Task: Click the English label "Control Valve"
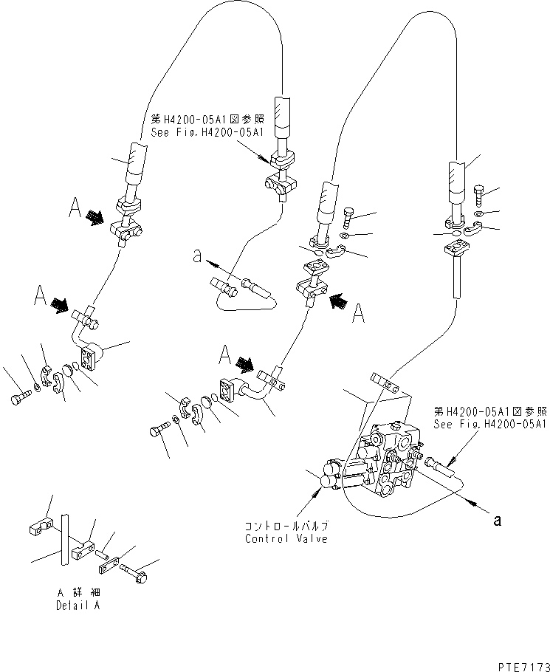click(286, 538)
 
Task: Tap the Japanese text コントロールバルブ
click(286, 527)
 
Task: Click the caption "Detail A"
click(78, 606)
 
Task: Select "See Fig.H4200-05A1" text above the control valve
click(489, 424)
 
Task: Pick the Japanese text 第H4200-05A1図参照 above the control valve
click(489, 412)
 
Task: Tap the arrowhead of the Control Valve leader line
click(320, 483)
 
